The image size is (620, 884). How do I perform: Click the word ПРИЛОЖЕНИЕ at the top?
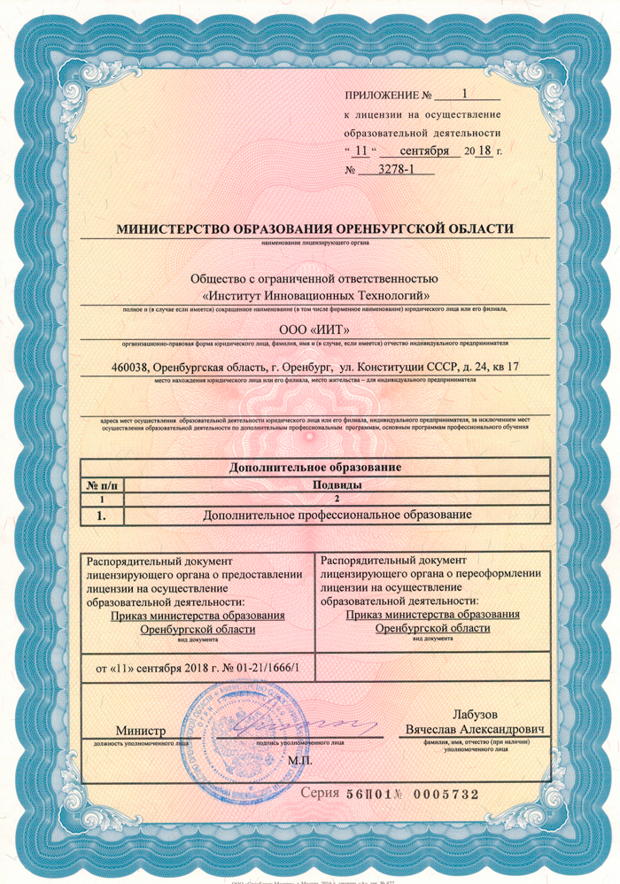point(379,94)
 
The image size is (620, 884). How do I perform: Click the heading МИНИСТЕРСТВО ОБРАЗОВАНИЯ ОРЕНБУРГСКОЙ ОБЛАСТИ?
point(314,229)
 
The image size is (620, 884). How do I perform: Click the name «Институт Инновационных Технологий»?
point(316,294)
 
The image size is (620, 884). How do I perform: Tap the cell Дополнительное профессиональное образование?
point(335,515)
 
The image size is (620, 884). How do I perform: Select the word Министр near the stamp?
point(140,730)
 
